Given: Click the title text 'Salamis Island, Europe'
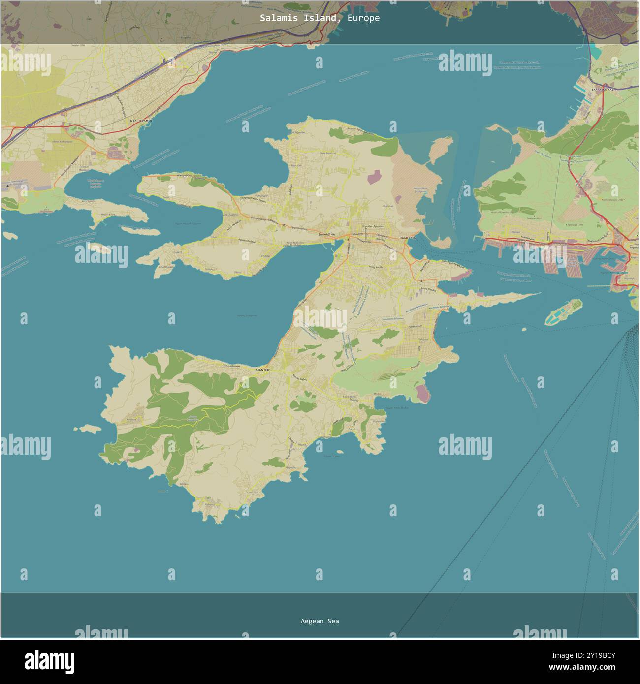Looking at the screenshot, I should [320, 18].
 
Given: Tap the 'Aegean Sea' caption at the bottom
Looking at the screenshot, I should [320, 621].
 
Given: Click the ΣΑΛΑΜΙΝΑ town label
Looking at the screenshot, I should [327, 235].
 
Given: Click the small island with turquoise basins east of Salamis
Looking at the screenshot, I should [564, 312].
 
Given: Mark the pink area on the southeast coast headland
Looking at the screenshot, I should [422, 393].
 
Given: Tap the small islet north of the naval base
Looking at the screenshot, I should [440, 150].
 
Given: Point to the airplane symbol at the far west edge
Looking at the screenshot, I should [7, 187].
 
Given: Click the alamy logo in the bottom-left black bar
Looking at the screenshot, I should [49, 661].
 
